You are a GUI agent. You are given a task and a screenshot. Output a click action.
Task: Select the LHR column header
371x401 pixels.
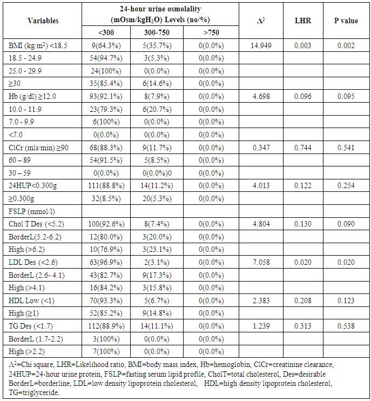coord(302,21)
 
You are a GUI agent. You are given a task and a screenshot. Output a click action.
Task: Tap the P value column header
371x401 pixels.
coord(346,21)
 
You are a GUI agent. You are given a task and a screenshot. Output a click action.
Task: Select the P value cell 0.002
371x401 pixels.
coord(346,44)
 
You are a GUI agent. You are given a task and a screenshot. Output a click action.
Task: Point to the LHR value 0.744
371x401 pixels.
coord(302,148)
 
